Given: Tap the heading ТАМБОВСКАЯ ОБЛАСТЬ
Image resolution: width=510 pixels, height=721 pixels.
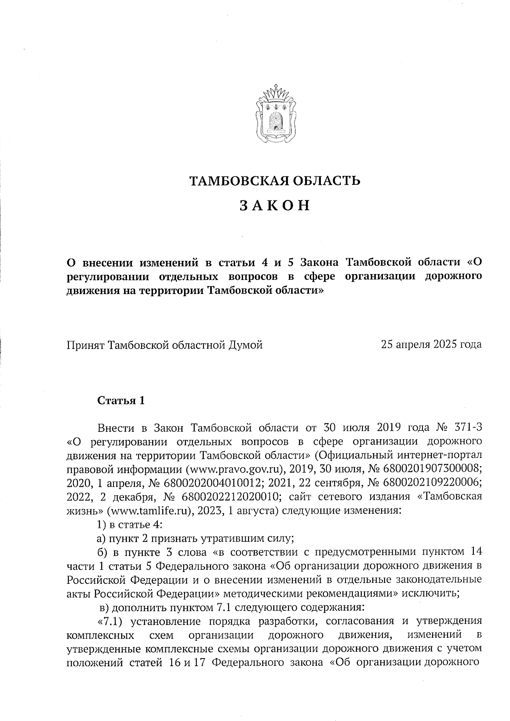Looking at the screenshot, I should [275, 181].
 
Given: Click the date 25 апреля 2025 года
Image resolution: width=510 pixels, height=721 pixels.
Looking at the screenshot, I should [431, 344].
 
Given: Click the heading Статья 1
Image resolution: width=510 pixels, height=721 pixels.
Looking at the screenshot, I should [121, 400].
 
